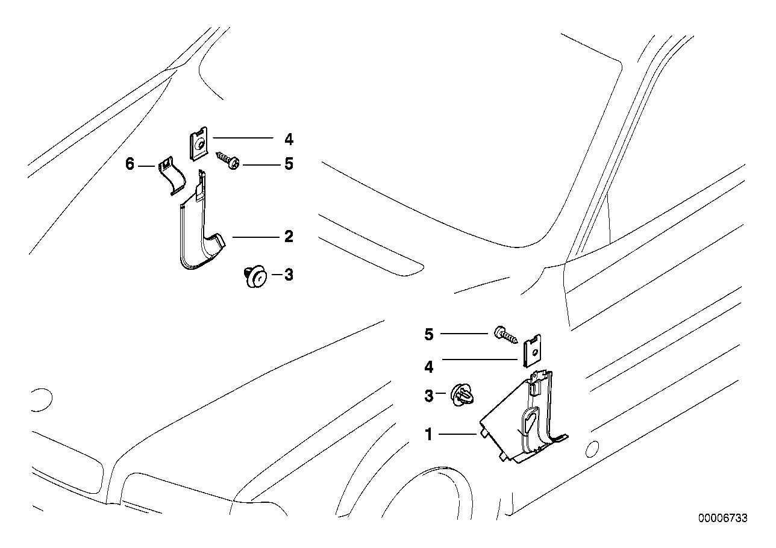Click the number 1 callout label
429,434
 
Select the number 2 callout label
289,237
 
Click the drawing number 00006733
723,518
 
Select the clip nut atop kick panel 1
531,352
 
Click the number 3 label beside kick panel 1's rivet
429,396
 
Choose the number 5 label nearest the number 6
289,164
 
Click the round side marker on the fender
591,449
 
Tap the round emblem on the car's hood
42,399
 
